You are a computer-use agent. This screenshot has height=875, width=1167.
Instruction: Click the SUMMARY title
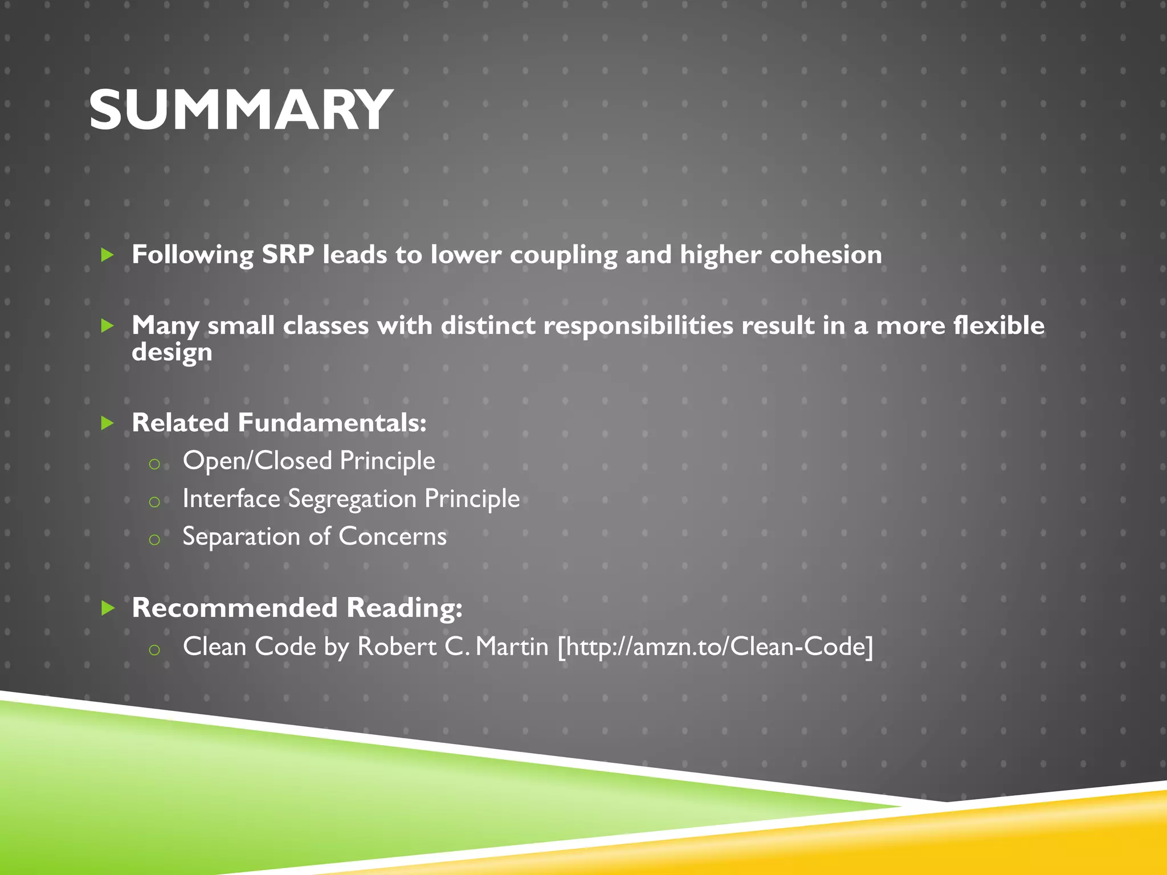click(x=240, y=110)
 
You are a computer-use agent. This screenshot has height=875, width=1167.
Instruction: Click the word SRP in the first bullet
click(x=288, y=255)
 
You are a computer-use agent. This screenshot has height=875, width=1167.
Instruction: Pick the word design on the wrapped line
click(x=172, y=352)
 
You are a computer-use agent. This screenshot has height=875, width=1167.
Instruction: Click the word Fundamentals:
click(x=332, y=423)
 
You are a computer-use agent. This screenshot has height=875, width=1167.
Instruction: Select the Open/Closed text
click(x=257, y=461)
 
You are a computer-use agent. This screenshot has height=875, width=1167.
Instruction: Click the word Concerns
click(x=393, y=537)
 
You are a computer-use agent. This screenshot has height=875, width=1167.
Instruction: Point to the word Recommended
click(x=235, y=608)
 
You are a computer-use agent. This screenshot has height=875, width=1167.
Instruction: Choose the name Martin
click(x=512, y=647)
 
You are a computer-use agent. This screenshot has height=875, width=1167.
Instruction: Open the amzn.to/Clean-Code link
click(x=715, y=647)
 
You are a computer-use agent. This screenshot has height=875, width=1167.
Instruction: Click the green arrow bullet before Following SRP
click(x=107, y=255)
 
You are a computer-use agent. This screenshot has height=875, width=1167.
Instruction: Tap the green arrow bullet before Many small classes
click(x=107, y=326)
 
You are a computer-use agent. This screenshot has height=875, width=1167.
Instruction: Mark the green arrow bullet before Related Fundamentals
click(x=107, y=423)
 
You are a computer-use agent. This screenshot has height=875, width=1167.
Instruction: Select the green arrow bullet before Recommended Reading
click(x=107, y=608)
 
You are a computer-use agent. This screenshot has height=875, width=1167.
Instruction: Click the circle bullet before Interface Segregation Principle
click(x=154, y=502)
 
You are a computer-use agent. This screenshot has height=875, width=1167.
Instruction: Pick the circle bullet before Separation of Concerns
click(x=154, y=539)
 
